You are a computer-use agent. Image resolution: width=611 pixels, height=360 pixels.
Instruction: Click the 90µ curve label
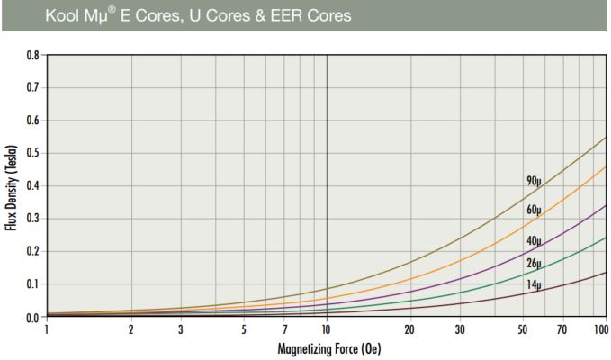point(534,181)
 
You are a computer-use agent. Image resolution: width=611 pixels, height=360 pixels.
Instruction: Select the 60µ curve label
point(534,211)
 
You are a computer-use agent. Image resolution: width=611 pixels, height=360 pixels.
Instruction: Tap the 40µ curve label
point(534,241)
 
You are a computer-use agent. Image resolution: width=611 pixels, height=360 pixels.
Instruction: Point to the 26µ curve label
point(534,263)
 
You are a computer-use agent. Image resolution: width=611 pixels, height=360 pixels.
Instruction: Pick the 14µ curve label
point(534,284)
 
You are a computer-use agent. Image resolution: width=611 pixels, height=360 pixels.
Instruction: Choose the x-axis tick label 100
point(601,330)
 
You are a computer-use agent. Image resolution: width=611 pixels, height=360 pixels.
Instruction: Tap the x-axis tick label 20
point(409,330)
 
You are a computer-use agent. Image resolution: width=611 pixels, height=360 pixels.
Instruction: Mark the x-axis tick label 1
point(46,330)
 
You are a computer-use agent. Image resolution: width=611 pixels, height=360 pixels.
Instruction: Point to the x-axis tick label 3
point(180,330)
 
